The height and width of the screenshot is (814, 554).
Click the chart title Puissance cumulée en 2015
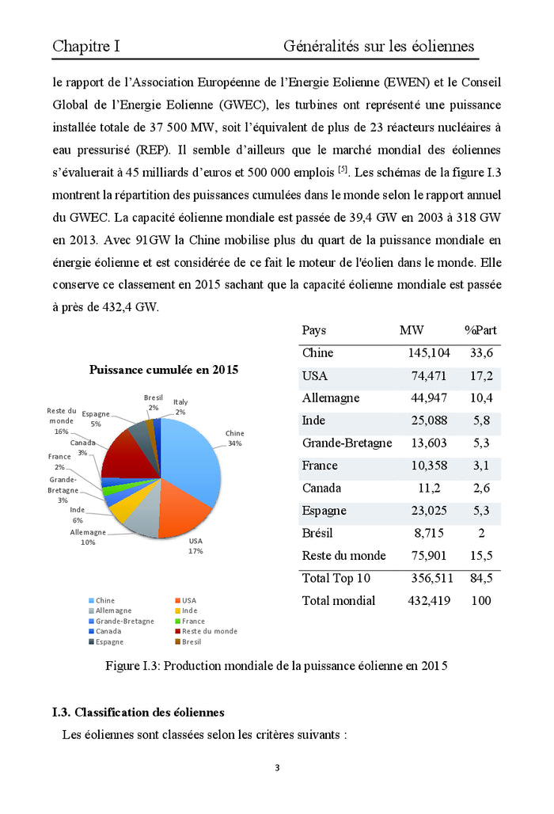point(164,370)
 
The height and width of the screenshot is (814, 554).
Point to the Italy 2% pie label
point(180,407)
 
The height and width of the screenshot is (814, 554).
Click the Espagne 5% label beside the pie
point(96,419)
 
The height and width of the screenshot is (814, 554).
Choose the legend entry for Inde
point(190,610)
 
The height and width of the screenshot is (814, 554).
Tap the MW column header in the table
point(412,330)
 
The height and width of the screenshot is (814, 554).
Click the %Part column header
point(480,330)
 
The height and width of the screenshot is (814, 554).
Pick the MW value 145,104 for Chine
point(429,353)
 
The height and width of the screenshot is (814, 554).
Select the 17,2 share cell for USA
point(480,375)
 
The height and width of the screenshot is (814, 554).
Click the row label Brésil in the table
point(318,533)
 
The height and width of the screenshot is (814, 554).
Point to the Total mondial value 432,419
point(429,601)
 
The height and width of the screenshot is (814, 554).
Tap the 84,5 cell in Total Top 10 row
point(480,578)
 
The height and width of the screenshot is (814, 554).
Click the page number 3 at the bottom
point(277,767)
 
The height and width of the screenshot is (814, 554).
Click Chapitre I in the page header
point(86,47)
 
